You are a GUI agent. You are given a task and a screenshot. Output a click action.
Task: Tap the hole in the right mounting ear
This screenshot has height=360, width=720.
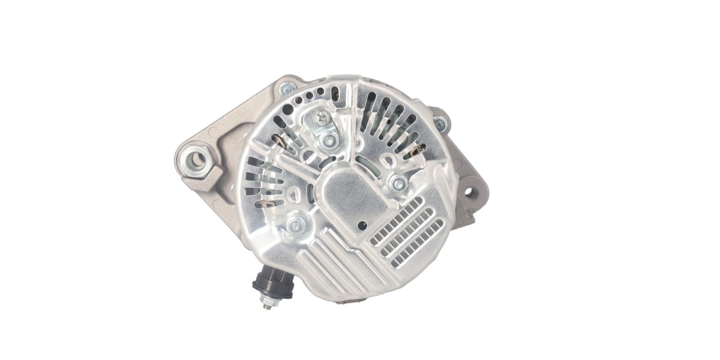pyautogui.click(x=470, y=193)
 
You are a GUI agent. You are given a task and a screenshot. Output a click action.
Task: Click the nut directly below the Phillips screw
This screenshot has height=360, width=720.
pyautogui.click(x=329, y=142)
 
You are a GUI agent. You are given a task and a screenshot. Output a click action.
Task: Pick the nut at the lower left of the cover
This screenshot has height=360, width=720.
pyautogui.click(x=295, y=226)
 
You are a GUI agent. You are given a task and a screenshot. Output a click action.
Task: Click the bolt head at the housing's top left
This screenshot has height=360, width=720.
pyautogui.click(x=287, y=89)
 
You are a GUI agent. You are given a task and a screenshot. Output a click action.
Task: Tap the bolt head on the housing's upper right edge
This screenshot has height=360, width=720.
pyautogui.click(x=440, y=124)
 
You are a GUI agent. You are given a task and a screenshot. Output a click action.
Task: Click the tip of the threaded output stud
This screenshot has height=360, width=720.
pyautogui.click(x=266, y=306)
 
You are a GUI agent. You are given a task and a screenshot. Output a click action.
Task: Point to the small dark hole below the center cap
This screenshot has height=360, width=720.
pyautogui.click(x=362, y=226)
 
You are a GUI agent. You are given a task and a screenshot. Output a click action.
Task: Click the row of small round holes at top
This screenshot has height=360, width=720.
pyautogui.click(x=315, y=95)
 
